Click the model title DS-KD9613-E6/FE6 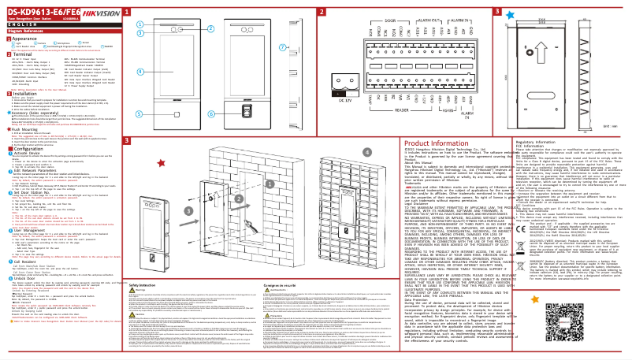37,11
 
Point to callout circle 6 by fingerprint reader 141,113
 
